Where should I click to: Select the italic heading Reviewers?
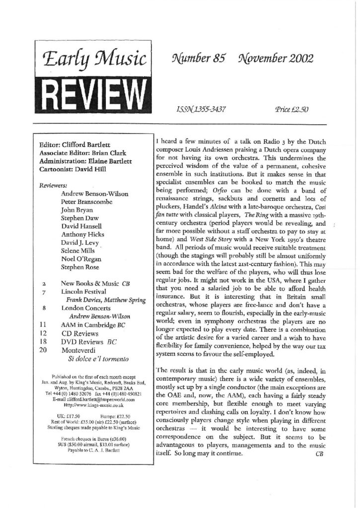pos(55,185)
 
